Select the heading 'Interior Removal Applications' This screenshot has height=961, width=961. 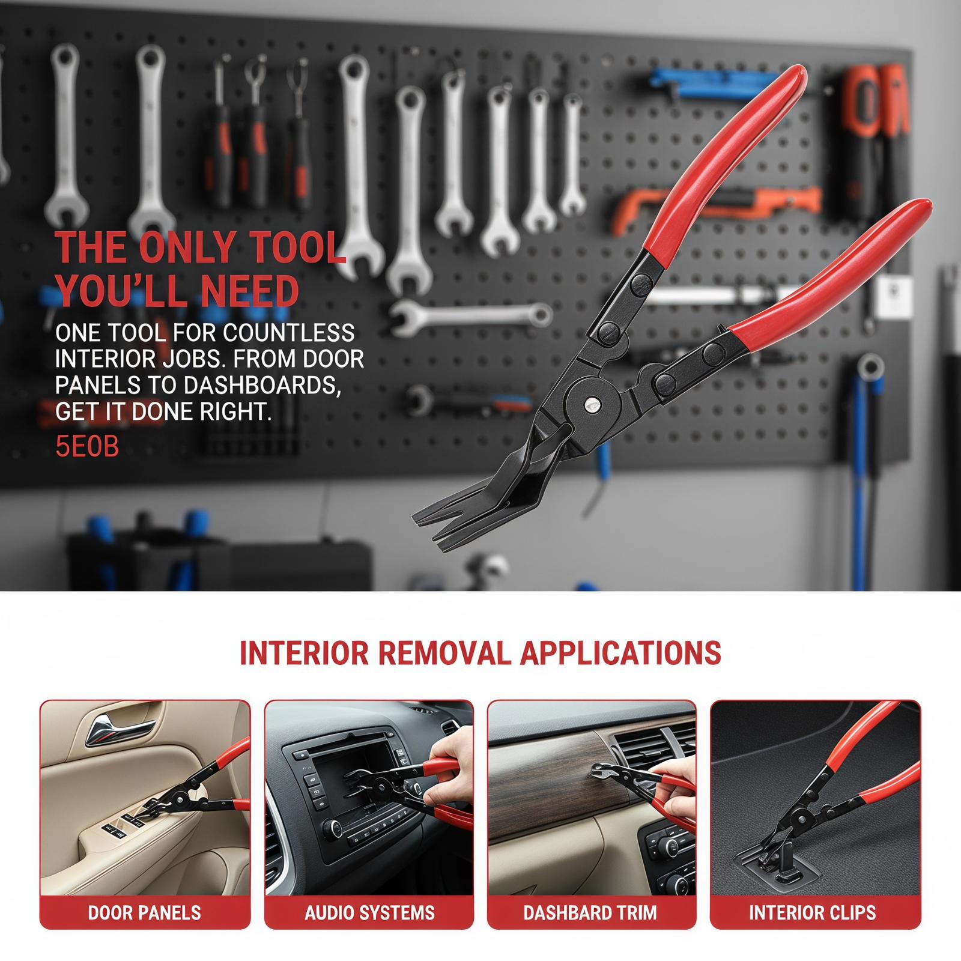pos(480,653)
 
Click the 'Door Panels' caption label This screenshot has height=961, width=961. pos(144,913)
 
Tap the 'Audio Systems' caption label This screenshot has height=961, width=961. pos(369,913)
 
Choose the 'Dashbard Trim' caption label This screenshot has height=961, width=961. pos(590,913)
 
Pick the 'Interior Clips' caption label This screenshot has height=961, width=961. pos(812,913)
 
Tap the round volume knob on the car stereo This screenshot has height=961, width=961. pos(331,829)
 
